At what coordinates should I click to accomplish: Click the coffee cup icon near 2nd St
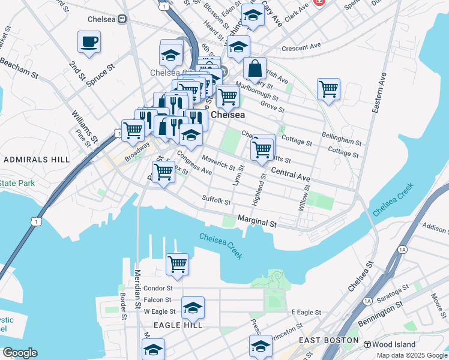(x=89, y=42)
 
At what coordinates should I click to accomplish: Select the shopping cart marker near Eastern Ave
(x=328, y=89)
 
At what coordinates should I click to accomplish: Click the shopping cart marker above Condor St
(x=177, y=264)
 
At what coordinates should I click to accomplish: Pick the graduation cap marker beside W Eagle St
(x=193, y=308)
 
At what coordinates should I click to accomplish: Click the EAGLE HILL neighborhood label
(x=175, y=325)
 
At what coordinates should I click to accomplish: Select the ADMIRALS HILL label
(x=29, y=160)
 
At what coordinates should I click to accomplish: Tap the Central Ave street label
(x=291, y=175)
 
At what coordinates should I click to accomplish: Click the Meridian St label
(x=137, y=288)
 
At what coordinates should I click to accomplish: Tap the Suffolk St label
(x=216, y=199)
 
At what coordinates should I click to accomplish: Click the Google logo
(x=20, y=353)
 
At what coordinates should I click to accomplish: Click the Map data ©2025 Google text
(x=411, y=355)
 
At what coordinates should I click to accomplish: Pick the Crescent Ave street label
(x=301, y=47)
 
